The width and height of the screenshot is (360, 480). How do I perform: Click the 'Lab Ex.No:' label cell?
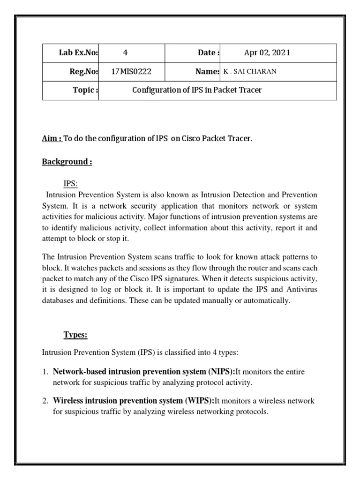[x=78, y=53]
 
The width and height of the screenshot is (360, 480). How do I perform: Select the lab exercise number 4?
[x=125, y=53]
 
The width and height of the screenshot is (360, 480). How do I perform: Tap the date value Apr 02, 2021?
[x=267, y=53]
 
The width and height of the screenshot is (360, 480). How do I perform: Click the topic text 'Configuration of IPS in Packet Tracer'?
[x=197, y=90]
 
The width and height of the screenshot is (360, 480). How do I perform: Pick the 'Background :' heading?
[x=67, y=162]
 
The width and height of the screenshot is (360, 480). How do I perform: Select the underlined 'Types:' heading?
[x=75, y=335]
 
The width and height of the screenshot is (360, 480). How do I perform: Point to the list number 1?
[x=45, y=372]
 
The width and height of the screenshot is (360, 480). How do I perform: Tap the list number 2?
[x=45, y=401]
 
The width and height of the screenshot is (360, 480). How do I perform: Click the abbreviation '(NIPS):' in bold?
[x=221, y=372]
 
